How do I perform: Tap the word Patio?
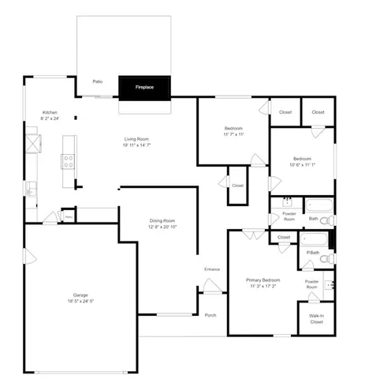click(x=98, y=81)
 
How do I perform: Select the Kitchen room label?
click(x=50, y=113)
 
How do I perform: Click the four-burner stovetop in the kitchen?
click(x=69, y=160)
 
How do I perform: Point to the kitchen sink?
click(x=30, y=189)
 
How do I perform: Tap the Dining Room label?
click(x=162, y=221)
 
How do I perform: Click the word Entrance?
click(x=212, y=270)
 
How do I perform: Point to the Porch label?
click(x=210, y=315)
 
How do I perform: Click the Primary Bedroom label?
click(x=263, y=280)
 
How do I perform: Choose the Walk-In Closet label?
click(x=316, y=319)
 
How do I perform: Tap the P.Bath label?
click(x=313, y=253)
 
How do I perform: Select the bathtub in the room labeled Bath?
click(x=318, y=206)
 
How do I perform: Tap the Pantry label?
click(x=69, y=215)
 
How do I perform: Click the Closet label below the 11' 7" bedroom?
click(x=237, y=186)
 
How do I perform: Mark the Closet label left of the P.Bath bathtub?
click(x=283, y=238)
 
